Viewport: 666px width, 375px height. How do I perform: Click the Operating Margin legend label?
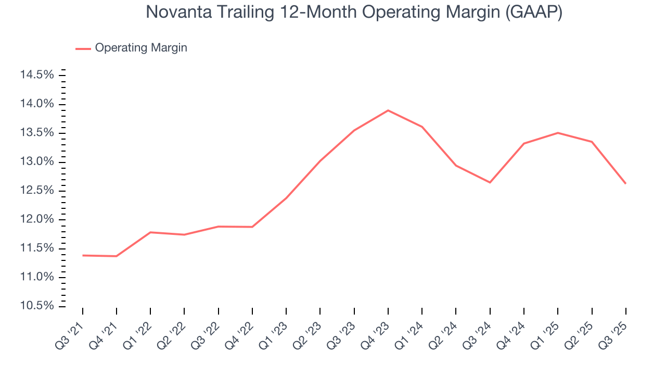point(141,48)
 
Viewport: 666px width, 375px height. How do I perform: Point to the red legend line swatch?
point(83,48)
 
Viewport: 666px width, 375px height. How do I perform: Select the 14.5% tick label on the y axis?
point(36,76)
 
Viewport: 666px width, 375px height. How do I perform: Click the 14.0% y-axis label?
point(36,104)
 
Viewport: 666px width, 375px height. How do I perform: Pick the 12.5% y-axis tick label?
point(36,191)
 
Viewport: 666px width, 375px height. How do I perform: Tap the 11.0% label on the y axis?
point(36,277)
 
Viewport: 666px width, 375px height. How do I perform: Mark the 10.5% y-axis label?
point(36,306)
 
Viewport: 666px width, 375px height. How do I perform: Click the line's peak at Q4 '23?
point(388,110)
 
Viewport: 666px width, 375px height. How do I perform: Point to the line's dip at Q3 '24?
point(490,182)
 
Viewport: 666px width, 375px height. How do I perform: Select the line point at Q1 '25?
point(558,133)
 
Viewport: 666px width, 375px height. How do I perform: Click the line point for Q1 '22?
point(150,232)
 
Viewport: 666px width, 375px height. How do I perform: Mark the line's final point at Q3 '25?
point(625,183)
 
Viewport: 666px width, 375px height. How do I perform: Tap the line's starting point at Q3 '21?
point(83,255)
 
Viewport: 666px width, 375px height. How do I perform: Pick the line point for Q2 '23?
point(320,161)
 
